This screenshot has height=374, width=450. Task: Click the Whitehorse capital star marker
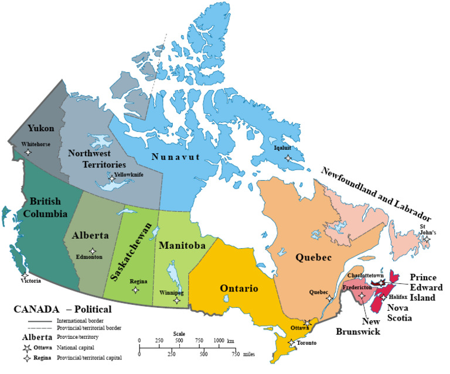coord(28,152)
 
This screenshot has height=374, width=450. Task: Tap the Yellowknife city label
coord(129,174)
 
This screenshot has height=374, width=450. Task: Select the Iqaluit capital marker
coord(287,158)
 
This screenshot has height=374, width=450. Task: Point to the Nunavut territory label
coord(176,157)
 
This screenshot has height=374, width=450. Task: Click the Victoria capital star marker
coord(25,275)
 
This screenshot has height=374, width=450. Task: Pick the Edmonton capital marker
coord(93,251)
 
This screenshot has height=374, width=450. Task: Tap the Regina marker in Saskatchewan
coord(136,290)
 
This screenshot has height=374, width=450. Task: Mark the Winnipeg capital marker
coord(177,300)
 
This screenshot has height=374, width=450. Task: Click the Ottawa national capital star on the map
coord(306,323)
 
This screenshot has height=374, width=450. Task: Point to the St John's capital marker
coord(427,239)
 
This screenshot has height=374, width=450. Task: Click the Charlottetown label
coord(366,274)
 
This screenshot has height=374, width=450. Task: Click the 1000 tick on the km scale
coord(219,345)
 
